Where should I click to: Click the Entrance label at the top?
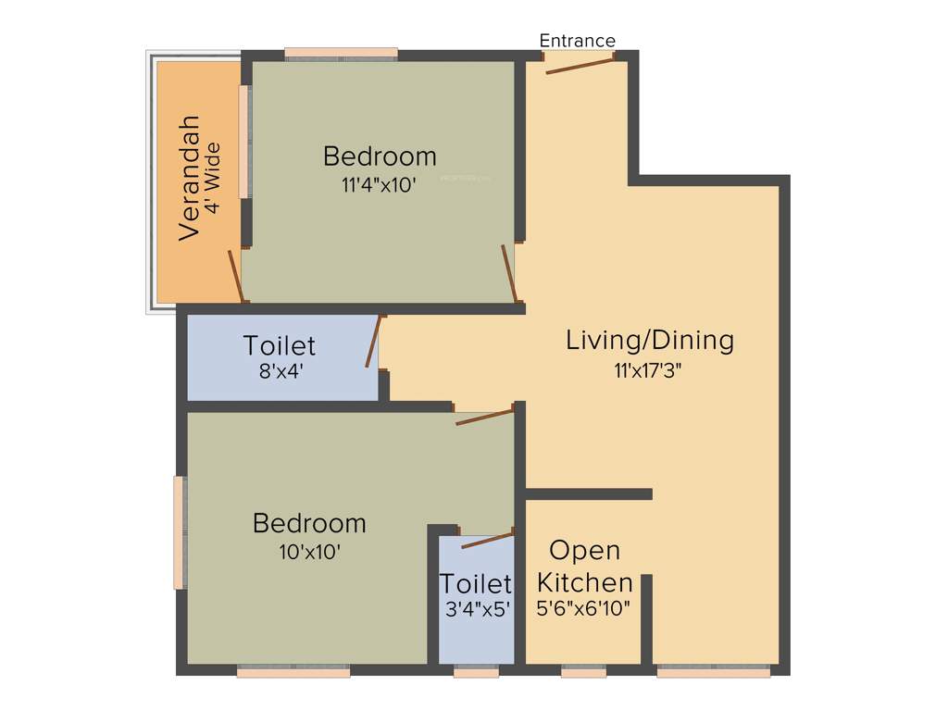coord(577,41)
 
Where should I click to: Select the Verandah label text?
coord(190,178)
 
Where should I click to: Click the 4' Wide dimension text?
coord(214,178)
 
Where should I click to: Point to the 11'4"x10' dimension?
coord(379,184)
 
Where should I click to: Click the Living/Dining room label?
coord(650,340)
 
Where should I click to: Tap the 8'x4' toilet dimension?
coord(279,373)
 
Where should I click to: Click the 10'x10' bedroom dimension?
coord(309,553)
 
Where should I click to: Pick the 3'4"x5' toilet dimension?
coord(477,610)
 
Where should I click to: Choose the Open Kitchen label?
coord(585,567)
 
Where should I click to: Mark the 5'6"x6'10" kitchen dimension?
coord(585,610)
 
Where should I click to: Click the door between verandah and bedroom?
coord(236,275)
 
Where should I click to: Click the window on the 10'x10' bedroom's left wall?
coord(180,531)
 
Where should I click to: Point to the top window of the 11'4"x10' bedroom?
coord(341,54)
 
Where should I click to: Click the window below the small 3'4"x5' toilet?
coord(476,672)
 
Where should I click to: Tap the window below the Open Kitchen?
coord(584,672)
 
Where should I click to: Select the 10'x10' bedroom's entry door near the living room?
coord(485,416)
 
